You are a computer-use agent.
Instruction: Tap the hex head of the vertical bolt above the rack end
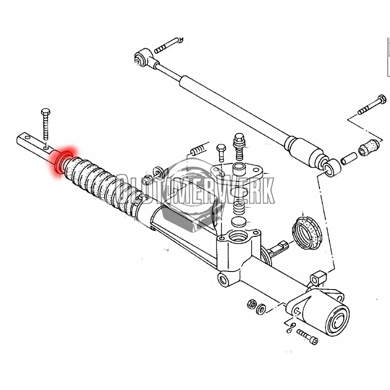45,112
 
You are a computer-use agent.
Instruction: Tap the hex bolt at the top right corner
372,104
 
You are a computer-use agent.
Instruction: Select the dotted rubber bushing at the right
369,147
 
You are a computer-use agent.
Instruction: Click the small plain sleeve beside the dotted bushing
349,158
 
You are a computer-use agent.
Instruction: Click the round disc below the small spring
239,221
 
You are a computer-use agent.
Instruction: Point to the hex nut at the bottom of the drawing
252,304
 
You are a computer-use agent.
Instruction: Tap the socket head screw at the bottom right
308,336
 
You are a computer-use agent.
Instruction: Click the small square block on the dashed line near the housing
318,278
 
